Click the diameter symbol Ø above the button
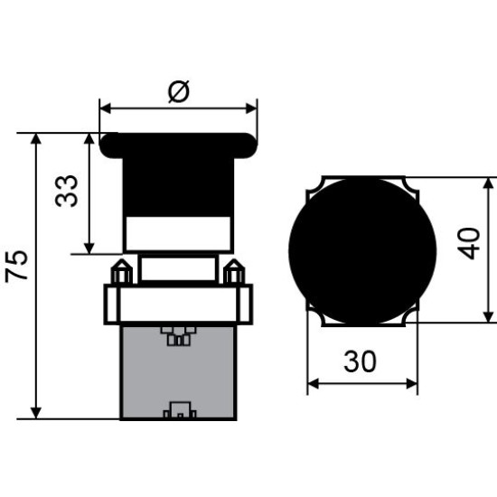(x=179, y=91)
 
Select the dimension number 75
(x=17, y=266)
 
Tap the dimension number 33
(x=66, y=191)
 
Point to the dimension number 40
(x=469, y=243)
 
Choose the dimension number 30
(x=360, y=361)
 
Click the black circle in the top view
(x=362, y=252)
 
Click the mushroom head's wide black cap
(x=178, y=145)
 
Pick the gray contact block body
(x=178, y=372)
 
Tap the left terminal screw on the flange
(x=121, y=272)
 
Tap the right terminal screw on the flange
(x=234, y=272)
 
